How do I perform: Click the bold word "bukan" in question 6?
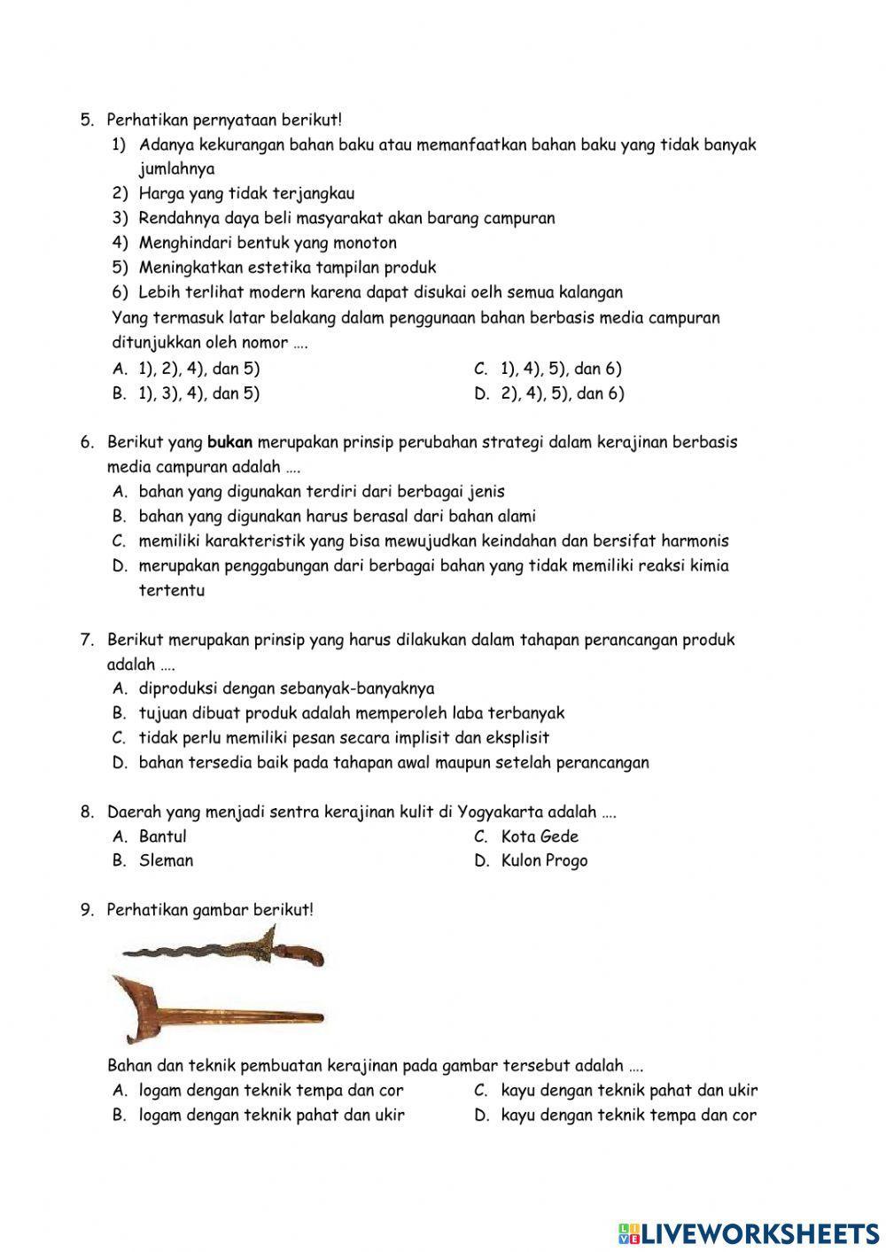coord(229,442)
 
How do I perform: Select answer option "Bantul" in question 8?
coord(162,836)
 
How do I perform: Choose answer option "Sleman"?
coord(166,860)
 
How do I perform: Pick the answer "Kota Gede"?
coord(539,836)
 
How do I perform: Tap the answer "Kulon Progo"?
coord(544,860)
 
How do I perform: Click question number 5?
coord(86,119)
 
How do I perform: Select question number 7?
coord(86,640)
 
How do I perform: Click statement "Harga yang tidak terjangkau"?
coord(246,193)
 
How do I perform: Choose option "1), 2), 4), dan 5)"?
coord(199,369)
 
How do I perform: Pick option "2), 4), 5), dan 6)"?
coord(562,393)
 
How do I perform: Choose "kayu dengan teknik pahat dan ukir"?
coord(629,1091)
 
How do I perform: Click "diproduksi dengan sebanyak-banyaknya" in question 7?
coord(286,688)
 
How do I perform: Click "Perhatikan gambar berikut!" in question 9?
coord(210,910)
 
